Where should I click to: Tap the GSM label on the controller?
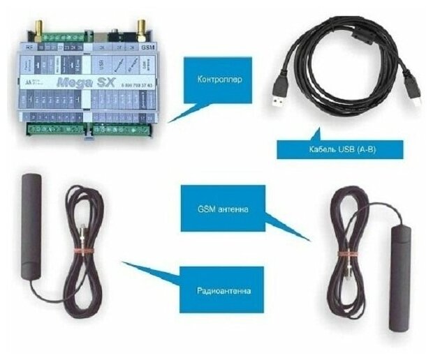pyautogui.click(x=147, y=47)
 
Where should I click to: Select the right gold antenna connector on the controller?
pyautogui.click(x=140, y=29)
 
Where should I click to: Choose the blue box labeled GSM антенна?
pyautogui.click(x=223, y=208)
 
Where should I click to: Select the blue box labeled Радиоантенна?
pyautogui.click(x=221, y=289)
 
